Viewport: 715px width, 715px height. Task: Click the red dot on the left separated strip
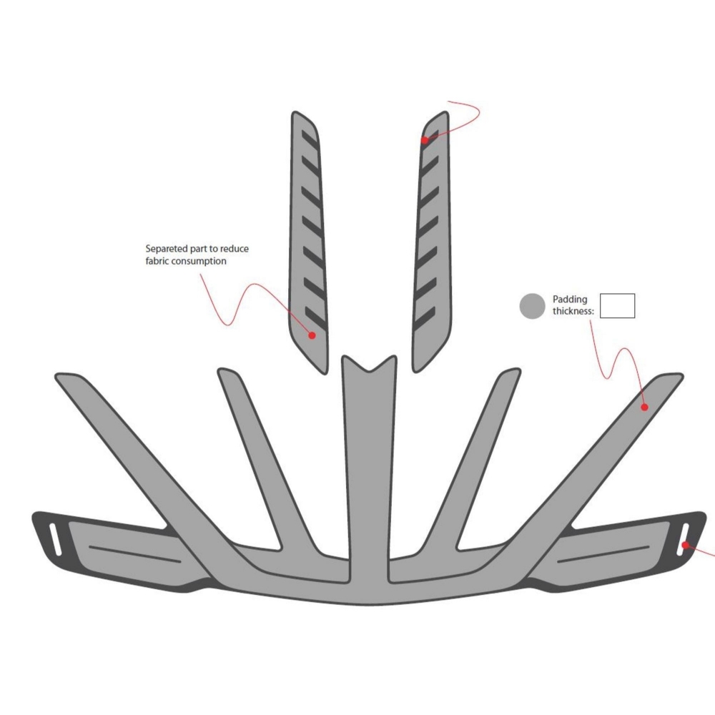click(x=312, y=335)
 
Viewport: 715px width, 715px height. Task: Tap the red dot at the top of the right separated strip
click(x=425, y=140)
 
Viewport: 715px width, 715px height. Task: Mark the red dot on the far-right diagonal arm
click(x=644, y=408)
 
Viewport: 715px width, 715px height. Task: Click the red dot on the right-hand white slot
click(x=685, y=545)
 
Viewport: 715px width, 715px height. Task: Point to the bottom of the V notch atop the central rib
click(x=370, y=371)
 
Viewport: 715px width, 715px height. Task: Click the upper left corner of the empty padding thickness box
click(x=600, y=294)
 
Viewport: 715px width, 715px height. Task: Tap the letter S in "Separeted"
click(x=148, y=249)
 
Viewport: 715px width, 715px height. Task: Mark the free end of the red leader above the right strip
click(x=449, y=102)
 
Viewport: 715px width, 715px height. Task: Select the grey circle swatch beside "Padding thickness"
click(x=532, y=305)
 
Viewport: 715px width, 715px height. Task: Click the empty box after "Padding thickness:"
click(x=618, y=305)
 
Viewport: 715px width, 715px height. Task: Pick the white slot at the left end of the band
click(x=55, y=539)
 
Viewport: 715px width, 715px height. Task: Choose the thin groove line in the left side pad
click(x=135, y=554)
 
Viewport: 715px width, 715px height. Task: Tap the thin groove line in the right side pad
click(x=603, y=554)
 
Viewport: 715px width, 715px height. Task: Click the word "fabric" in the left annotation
click(x=157, y=261)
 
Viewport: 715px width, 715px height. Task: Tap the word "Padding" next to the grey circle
click(x=570, y=300)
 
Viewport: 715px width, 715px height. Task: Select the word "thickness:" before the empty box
click(x=573, y=312)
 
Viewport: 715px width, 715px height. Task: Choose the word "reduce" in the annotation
click(x=235, y=249)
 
